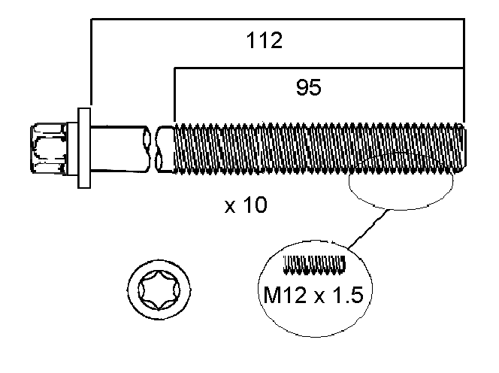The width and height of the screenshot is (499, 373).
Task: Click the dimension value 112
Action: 265,41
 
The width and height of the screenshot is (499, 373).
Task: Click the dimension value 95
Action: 308,88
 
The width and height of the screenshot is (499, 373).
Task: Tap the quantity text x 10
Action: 246,205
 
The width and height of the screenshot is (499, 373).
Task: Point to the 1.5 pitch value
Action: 348,295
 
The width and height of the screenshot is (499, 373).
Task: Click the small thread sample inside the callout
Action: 315,264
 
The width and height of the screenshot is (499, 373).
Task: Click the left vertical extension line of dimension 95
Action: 174,94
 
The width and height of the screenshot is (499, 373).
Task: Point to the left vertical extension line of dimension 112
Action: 90,64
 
